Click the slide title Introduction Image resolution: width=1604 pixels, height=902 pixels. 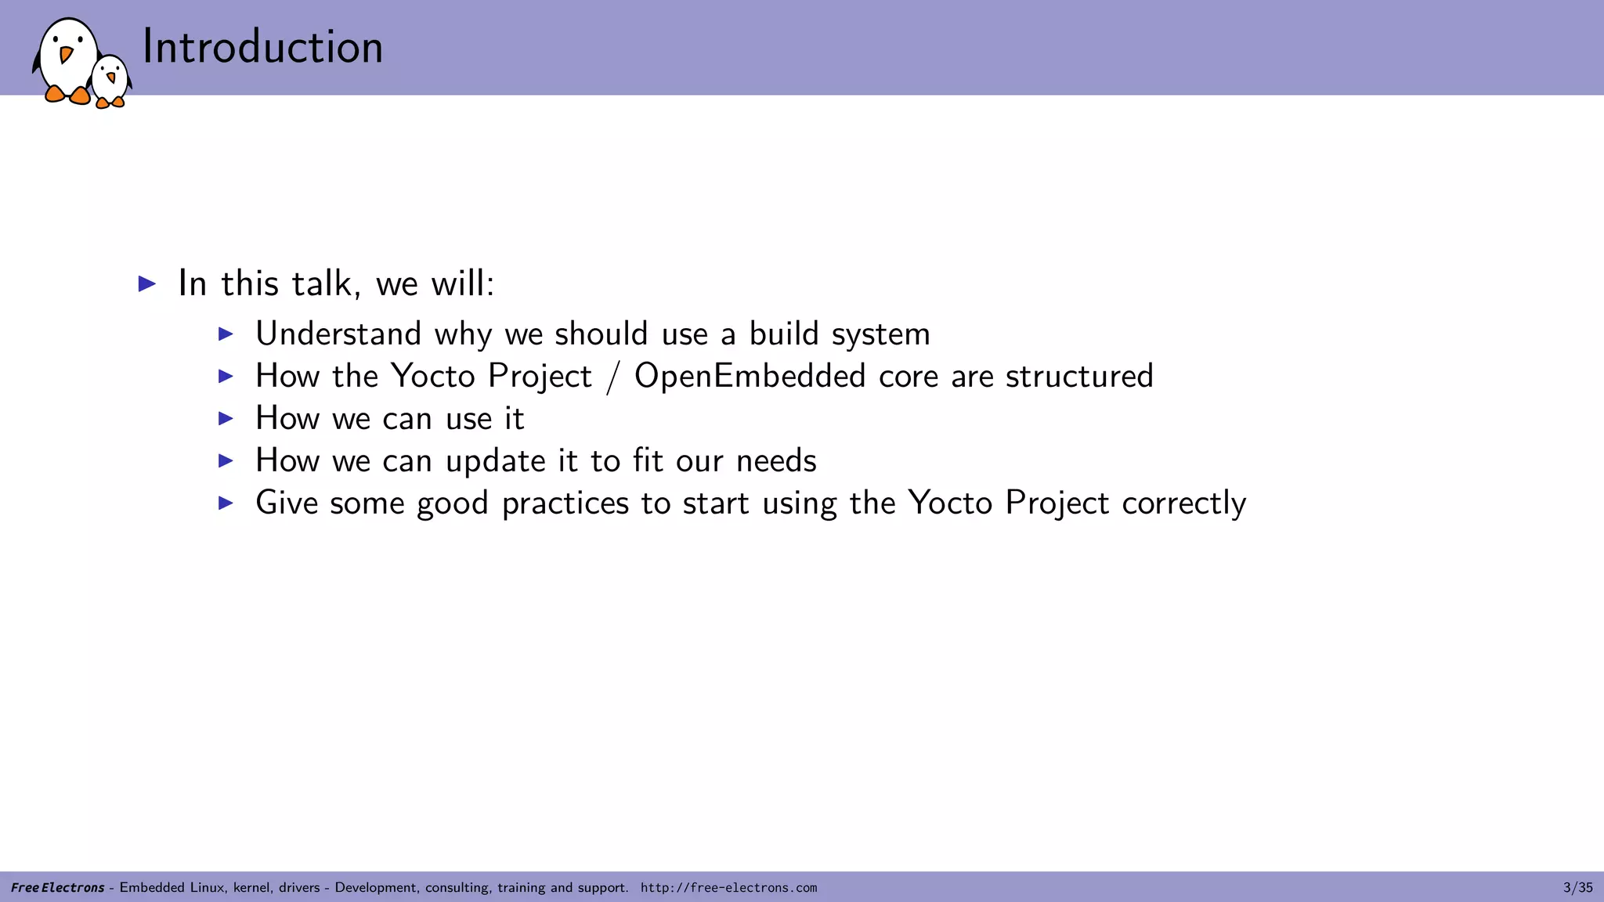coord(262,47)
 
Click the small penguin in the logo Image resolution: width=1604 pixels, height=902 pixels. coord(110,81)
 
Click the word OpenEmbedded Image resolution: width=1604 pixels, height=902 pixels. coord(750,377)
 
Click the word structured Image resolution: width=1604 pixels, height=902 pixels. coord(1079,377)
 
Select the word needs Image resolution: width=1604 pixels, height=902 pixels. coord(776,461)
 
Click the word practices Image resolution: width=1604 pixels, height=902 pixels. coord(565,503)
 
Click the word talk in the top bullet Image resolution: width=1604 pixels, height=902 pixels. coord(321,283)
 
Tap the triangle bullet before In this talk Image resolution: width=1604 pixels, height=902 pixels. coord(147,283)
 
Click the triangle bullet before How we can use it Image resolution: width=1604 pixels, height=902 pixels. coord(226,419)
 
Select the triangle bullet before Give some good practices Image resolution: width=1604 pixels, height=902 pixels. coord(226,503)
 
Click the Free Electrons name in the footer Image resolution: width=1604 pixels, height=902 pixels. coord(58,888)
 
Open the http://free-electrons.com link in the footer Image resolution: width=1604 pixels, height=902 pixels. coord(728,888)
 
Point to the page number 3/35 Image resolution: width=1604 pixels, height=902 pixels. coord(1577,888)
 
